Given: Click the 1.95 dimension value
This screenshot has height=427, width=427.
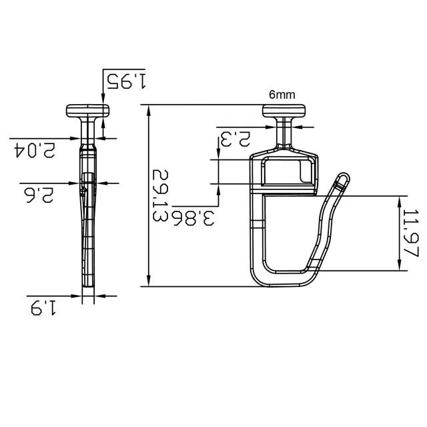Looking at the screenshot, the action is [x=126, y=81].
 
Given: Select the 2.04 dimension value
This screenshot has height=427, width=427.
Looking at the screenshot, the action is [x=35, y=150].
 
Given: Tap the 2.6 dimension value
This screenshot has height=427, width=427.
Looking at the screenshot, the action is [x=39, y=195].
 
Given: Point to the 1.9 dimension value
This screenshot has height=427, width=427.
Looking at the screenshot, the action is [x=43, y=308].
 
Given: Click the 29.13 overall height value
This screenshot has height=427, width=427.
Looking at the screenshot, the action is [x=160, y=195].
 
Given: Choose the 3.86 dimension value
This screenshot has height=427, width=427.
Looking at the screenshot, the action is [x=193, y=218].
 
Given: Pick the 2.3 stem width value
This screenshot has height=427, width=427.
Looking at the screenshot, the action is [x=236, y=139].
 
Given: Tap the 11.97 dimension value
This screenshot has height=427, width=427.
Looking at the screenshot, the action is [x=410, y=233].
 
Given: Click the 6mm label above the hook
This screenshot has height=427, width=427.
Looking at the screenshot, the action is [x=282, y=95].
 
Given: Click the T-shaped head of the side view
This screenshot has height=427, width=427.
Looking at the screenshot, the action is [x=87, y=111].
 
